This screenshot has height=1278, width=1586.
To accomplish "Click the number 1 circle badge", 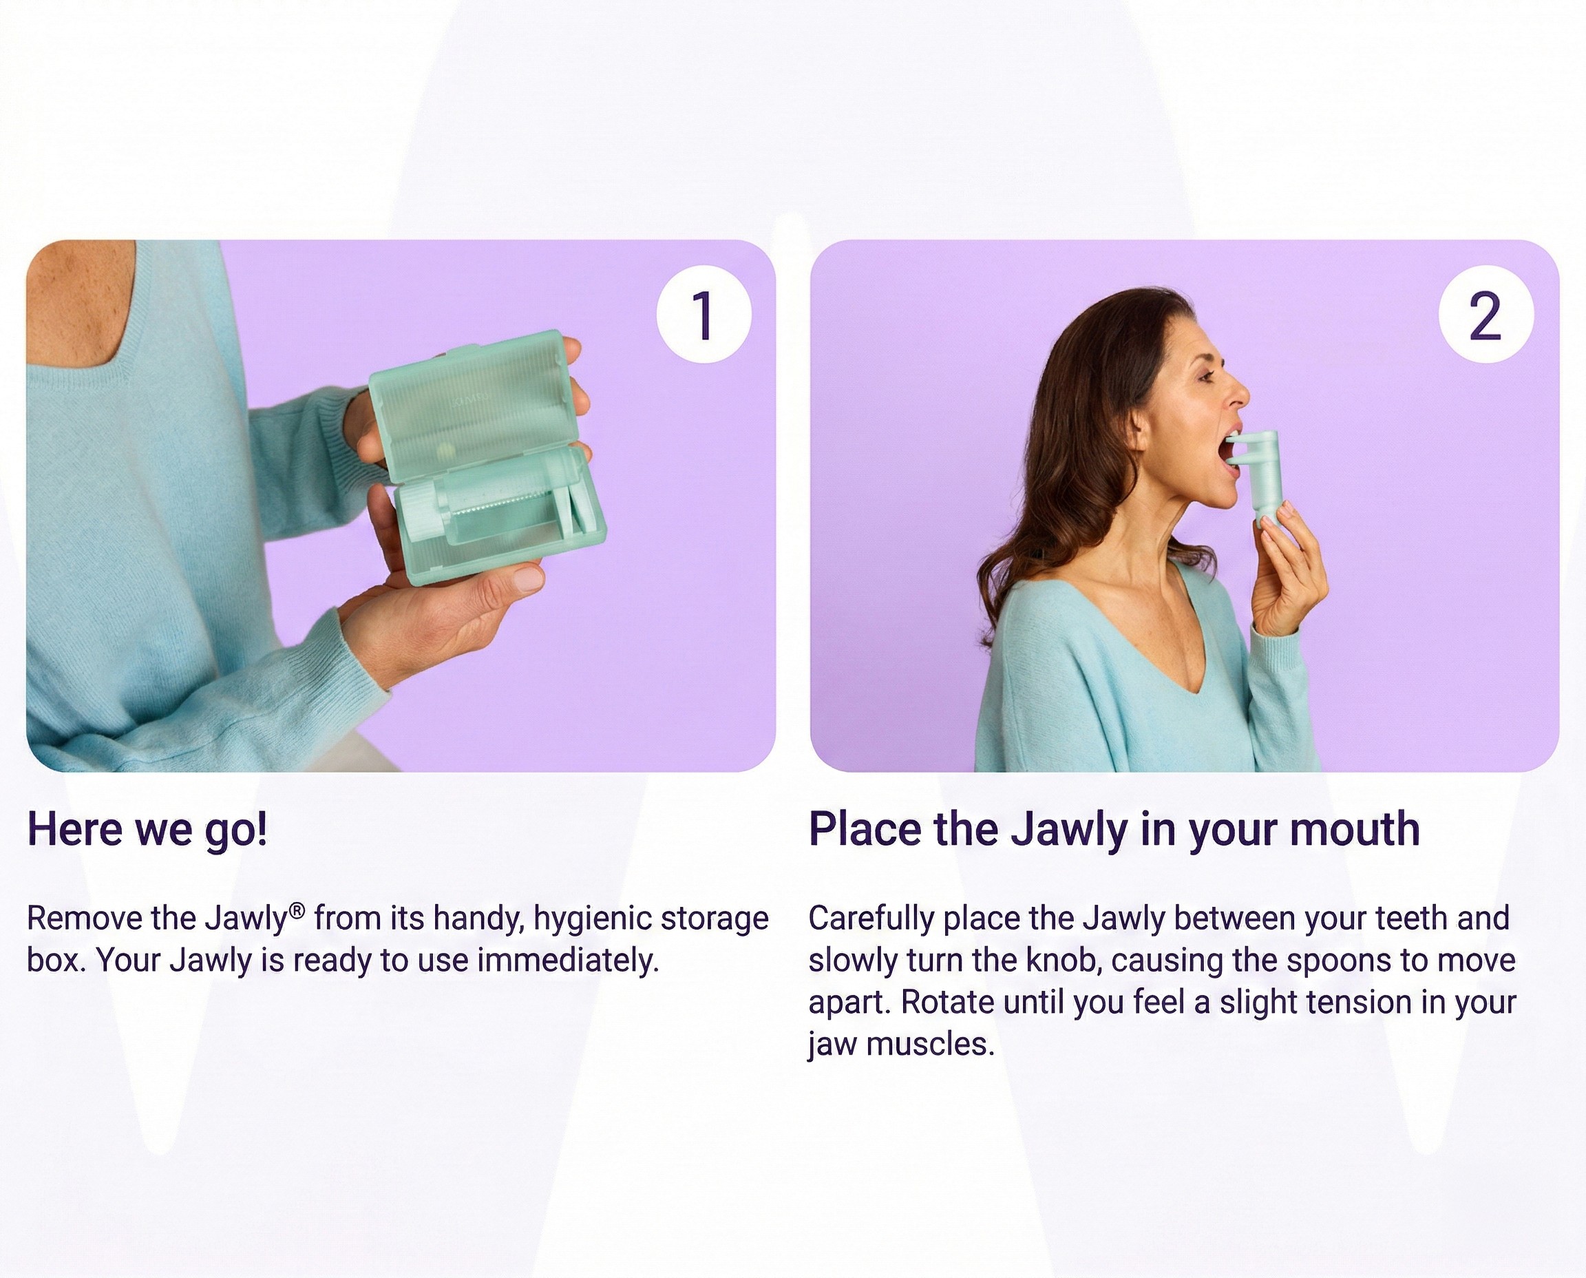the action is click(704, 315).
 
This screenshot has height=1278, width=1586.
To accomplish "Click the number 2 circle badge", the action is click(1486, 315).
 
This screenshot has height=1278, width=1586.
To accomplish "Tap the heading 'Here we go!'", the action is click(147, 830).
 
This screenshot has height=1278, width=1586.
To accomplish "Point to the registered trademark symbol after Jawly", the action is click(297, 911).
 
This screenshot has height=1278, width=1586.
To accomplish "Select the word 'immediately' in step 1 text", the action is click(564, 961).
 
